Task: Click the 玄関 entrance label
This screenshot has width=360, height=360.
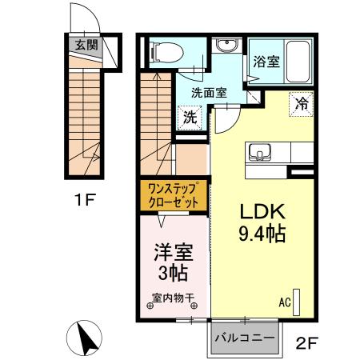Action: point(86,46)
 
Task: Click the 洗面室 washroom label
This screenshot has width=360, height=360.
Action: point(208,92)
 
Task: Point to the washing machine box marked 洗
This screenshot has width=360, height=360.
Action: point(190,117)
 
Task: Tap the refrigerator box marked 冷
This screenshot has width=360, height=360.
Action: point(302,103)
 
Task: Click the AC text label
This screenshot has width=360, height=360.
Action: point(284,302)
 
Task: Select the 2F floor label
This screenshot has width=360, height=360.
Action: point(308,345)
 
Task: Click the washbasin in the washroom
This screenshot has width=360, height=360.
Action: point(226,46)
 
